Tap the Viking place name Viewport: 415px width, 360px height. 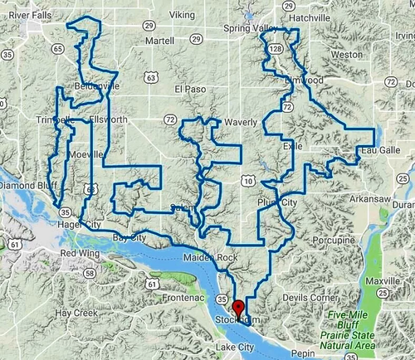(x=181, y=15)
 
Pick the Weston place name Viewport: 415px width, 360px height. (x=345, y=54)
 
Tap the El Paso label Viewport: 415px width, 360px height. (x=189, y=89)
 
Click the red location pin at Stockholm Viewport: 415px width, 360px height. (x=238, y=308)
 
